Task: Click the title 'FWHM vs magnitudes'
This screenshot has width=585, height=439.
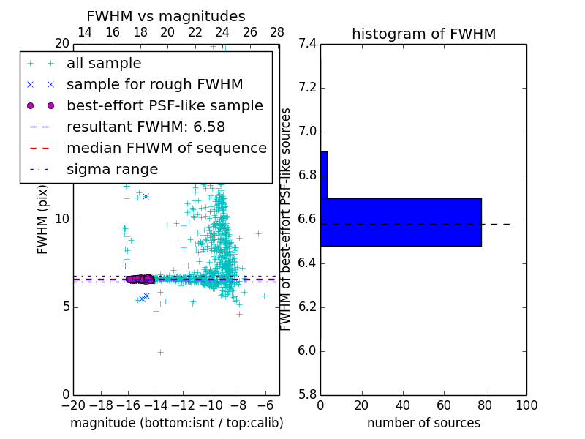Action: (x=165, y=16)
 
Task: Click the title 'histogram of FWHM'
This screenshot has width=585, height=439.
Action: (x=423, y=34)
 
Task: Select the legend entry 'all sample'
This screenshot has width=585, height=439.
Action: (x=104, y=64)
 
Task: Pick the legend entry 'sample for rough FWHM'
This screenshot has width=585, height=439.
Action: (x=154, y=85)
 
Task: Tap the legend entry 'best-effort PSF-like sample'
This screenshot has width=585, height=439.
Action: (x=165, y=106)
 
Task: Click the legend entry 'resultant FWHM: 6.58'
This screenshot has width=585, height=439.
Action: (x=146, y=127)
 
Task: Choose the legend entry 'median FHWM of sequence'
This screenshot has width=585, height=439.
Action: (x=166, y=149)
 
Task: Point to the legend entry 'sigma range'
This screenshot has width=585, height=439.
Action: (x=112, y=170)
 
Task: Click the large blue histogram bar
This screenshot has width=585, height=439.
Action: (x=401, y=222)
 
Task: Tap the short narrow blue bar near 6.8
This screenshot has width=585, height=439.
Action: (x=324, y=175)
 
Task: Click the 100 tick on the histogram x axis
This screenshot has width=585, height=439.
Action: (x=526, y=405)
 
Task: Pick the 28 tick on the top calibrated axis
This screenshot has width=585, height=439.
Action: (x=277, y=33)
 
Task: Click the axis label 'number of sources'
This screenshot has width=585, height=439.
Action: (x=423, y=423)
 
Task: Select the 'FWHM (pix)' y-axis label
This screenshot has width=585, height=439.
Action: (x=42, y=219)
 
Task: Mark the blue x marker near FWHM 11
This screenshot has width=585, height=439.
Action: (x=146, y=196)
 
